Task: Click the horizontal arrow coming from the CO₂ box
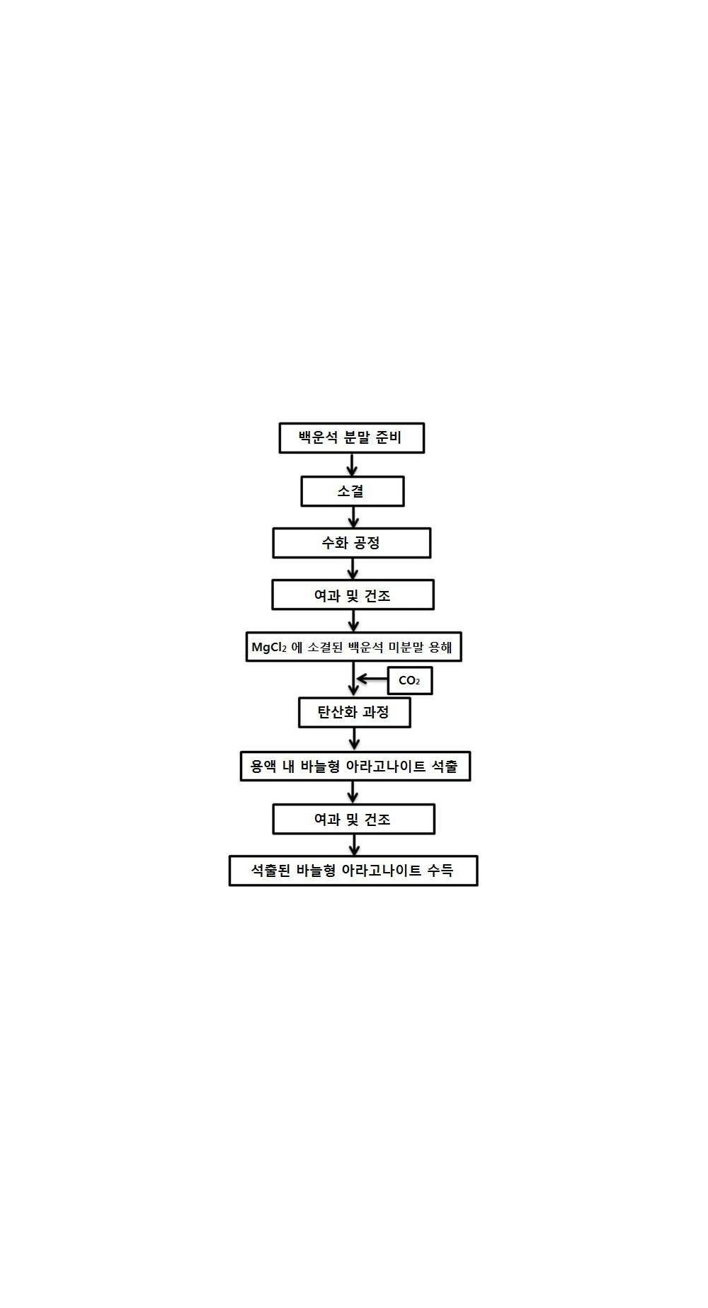[x=372, y=679]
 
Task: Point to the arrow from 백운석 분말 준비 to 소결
[x=353, y=464]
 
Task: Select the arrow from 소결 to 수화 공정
[x=353, y=517]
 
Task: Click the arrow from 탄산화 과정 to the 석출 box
[x=355, y=739]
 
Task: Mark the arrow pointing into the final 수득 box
[x=354, y=845]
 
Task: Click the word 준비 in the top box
[x=389, y=437]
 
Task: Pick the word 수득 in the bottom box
[x=440, y=871]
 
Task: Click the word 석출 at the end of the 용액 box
[x=444, y=766]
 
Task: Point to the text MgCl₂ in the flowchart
[x=269, y=648]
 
